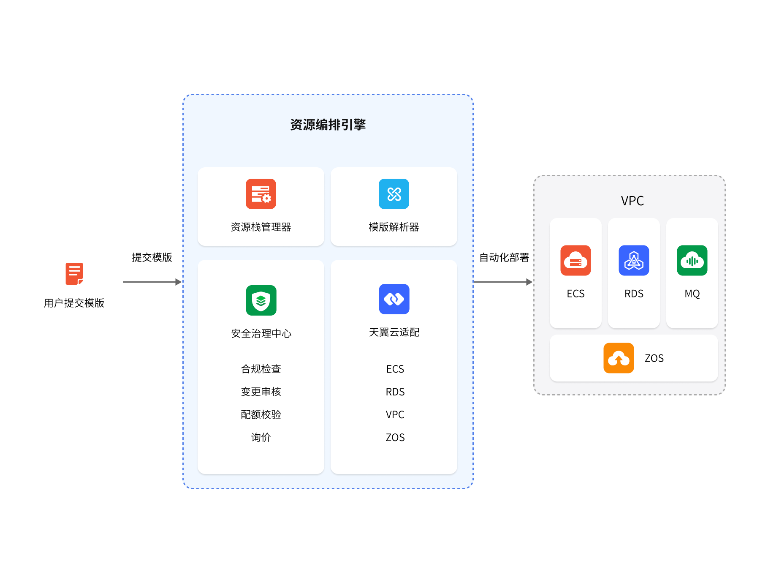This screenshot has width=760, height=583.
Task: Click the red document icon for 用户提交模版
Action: pyautogui.click(x=74, y=274)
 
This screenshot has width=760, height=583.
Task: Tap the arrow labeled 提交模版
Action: pyautogui.click(x=152, y=282)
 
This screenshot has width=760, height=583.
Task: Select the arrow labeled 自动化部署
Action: pyautogui.click(x=503, y=282)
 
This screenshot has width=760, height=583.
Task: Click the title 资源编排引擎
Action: pyautogui.click(x=328, y=125)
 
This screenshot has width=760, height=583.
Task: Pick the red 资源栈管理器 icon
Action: pyautogui.click(x=261, y=194)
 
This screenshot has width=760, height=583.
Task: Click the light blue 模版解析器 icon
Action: pyautogui.click(x=394, y=194)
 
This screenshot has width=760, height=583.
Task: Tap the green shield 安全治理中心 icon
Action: pyautogui.click(x=261, y=300)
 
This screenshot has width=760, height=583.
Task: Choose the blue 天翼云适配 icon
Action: pyautogui.click(x=394, y=299)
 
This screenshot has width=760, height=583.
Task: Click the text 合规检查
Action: pyautogui.click(x=261, y=369)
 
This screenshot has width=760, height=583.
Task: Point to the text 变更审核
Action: pyautogui.click(x=261, y=392)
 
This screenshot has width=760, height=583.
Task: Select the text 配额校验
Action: pyautogui.click(x=261, y=414)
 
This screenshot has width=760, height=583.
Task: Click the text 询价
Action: pyautogui.click(x=261, y=437)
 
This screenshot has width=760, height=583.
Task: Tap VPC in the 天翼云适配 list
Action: pyautogui.click(x=395, y=414)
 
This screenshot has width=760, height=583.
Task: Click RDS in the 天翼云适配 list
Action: pyautogui.click(x=395, y=392)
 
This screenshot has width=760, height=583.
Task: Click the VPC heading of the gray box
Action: pyautogui.click(x=632, y=201)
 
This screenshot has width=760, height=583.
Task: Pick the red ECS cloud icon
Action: pyautogui.click(x=575, y=261)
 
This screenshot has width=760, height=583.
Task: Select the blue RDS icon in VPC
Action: pyautogui.click(x=634, y=261)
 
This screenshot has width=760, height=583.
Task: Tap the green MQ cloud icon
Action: pyautogui.click(x=692, y=261)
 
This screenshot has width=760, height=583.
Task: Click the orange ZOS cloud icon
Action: pyautogui.click(x=619, y=358)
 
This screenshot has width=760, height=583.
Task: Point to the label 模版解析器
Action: pyautogui.click(x=394, y=227)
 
